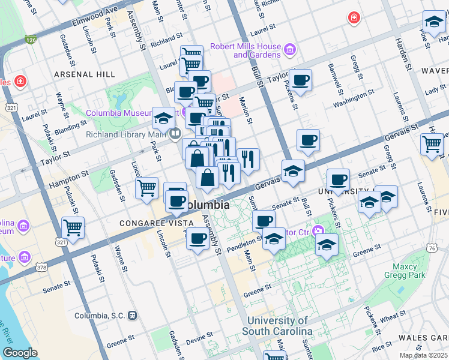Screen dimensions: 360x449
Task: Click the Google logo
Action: coord(20,353)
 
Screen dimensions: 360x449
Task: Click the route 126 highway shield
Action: coord(31,40)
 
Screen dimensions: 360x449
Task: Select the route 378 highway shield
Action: coord(41,266)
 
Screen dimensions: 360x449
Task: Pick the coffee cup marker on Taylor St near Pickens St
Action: coord(300,79)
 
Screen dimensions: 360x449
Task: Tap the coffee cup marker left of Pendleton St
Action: coord(197,239)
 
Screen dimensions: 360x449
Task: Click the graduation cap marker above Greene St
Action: coord(327,244)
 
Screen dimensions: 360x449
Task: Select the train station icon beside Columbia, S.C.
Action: coord(133,315)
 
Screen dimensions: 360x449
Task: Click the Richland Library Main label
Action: coord(125,134)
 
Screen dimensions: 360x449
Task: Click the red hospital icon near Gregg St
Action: coord(354,18)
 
